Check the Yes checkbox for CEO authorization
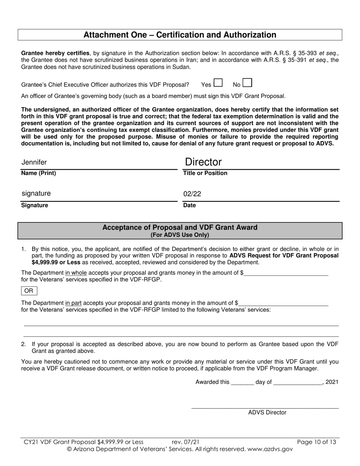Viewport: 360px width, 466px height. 218,83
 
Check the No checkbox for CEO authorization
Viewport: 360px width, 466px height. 247,83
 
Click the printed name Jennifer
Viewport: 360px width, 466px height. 34,163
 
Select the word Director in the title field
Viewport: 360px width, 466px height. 203,162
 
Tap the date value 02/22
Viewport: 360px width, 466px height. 192,194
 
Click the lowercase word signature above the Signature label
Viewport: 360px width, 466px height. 36,194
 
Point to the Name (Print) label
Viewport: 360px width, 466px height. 38,173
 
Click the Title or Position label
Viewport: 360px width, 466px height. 205,173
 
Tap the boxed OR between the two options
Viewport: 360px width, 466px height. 29,291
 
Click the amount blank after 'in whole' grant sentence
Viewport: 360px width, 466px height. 286,273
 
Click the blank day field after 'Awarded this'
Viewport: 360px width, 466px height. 242,382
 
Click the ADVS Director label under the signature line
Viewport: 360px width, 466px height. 267,413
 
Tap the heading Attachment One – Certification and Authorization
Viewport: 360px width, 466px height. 180,35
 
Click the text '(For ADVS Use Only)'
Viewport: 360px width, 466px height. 180,235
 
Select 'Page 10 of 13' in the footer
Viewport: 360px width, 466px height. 316,442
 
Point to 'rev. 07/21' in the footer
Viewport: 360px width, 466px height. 185,442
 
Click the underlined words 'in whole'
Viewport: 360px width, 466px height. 76,273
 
